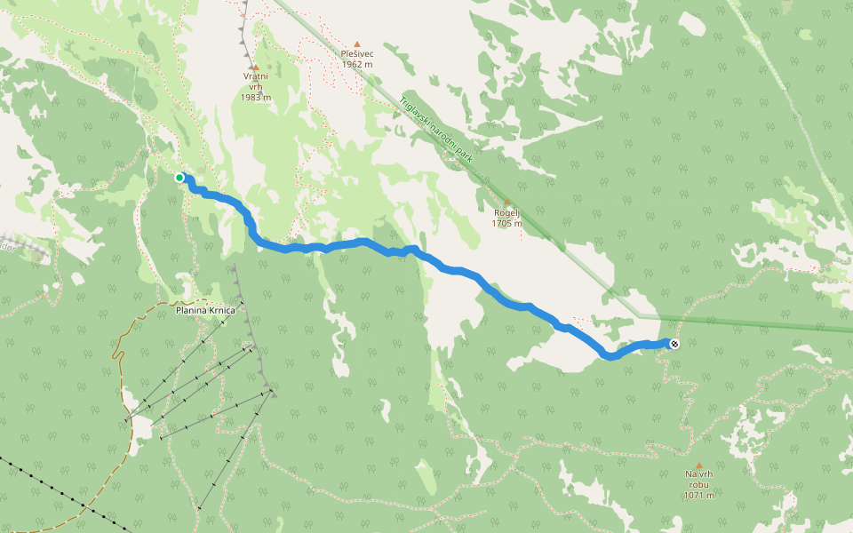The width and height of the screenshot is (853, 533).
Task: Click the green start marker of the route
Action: click(179, 178)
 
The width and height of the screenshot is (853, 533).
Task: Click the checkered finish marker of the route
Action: click(674, 344)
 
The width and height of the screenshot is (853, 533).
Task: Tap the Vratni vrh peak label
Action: click(255, 76)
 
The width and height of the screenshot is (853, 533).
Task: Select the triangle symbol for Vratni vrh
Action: click(255, 67)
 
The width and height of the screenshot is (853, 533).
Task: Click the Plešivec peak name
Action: click(357, 53)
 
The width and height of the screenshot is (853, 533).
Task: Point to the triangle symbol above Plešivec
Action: click(357, 44)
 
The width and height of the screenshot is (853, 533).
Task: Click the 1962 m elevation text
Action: click(357, 64)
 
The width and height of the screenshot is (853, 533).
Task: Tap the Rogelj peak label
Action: click(506, 212)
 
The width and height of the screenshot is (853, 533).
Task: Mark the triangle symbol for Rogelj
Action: click(506, 202)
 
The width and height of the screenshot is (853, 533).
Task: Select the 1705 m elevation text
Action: click(506, 223)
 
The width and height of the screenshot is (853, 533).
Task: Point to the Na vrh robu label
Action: click(698, 479)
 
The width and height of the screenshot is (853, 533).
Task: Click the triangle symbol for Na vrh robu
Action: click(698, 465)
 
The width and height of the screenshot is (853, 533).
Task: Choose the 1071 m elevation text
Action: click(698, 495)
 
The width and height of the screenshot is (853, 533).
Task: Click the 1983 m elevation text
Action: click(255, 97)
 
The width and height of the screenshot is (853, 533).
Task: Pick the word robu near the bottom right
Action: click(698, 484)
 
